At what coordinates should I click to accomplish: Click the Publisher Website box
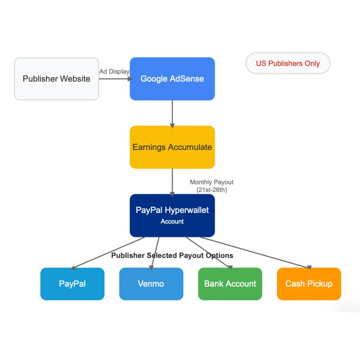56,79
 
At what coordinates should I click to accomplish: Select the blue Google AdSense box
172,79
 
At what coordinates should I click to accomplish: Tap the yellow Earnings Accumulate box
172,147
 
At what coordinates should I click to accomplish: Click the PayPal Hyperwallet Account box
172,215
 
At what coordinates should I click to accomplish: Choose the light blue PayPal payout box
72,284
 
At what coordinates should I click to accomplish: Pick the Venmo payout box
151,284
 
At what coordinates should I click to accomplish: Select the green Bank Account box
230,284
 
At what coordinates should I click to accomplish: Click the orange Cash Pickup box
309,284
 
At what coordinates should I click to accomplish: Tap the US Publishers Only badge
288,63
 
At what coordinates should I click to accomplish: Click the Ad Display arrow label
114,71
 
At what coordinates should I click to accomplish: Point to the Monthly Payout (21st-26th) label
211,186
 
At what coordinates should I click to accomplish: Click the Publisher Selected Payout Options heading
172,255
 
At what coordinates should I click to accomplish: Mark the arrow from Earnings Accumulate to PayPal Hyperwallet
172,181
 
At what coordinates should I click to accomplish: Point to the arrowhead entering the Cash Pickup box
309,267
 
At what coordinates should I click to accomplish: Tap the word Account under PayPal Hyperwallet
172,221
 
